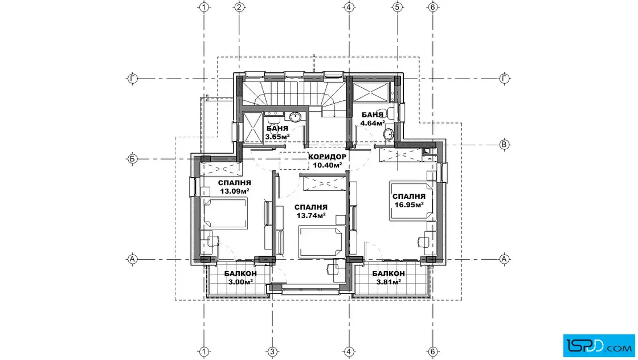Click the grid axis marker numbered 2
pyautogui.click(x=239, y=7)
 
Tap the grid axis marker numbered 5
pyautogui.click(x=398, y=7)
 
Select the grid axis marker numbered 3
pyautogui.click(x=272, y=352)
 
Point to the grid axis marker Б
pyautogui.click(x=132, y=159)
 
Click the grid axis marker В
pyautogui.click(x=504, y=145)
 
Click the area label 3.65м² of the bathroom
pyautogui.click(x=277, y=137)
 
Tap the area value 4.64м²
pyautogui.click(x=373, y=122)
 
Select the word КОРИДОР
pyautogui.click(x=327, y=157)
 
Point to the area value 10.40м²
pyautogui.click(x=327, y=165)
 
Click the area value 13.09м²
pyautogui.click(x=234, y=191)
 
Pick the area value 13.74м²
pyautogui.click(x=311, y=215)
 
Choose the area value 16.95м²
pyautogui.click(x=409, y=204)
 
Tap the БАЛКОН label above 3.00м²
pyautogui.click(x=240, y=274)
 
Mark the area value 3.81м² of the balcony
pyautogui.click(x=388, y=281)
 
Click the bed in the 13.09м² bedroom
pyautogui.click(x=226, y=214)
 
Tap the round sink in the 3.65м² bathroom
pyautogui.click(x=295, y=117)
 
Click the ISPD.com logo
pyautogui.click(x=599, y=346)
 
